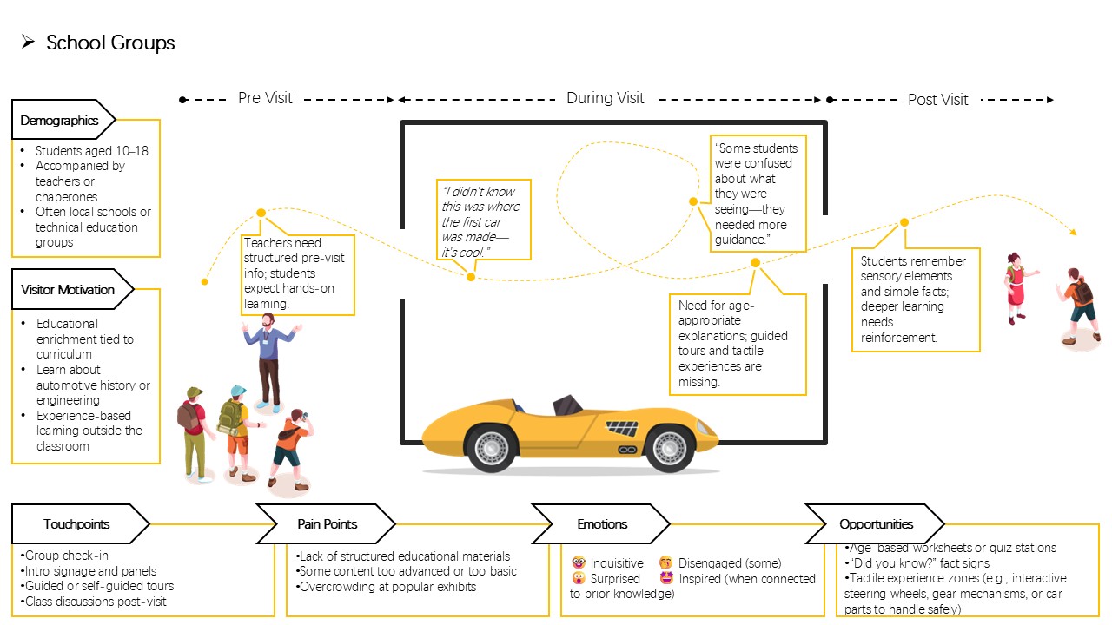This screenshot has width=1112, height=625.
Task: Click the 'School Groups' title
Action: tap(110, 43)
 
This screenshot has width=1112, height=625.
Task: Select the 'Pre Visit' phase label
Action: tap(265, 98)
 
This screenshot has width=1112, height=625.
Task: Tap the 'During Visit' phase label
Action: tap(606, 98)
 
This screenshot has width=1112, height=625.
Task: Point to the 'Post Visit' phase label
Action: tap(937, 100)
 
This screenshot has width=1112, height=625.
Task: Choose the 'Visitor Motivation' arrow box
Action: tap(72, 289)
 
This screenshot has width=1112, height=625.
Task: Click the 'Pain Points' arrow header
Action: tap(326, 523)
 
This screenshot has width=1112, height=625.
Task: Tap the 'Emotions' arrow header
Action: tap(601, 523)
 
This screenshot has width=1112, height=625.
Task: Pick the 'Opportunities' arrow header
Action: tap(875, 523)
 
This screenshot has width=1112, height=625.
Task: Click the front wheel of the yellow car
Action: tap(668, 448)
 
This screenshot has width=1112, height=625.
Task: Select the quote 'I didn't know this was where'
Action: tap(481, 199)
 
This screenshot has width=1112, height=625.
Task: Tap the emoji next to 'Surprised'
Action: tap(579, 578)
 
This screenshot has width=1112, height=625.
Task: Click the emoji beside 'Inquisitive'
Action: tap(579, 562)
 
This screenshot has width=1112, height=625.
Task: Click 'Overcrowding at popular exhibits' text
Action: tap(387, 587)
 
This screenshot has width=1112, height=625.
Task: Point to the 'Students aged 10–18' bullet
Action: tap(92, 151)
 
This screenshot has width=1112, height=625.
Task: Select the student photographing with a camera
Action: tap(291, 450)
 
